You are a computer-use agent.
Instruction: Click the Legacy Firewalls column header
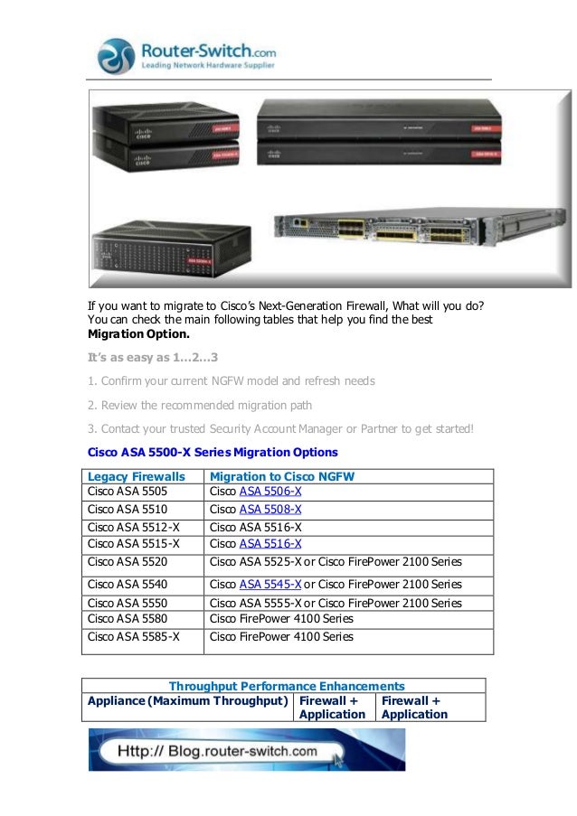point(137,476)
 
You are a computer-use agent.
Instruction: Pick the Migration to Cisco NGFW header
point(281,476)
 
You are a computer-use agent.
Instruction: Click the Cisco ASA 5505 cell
point(128,492)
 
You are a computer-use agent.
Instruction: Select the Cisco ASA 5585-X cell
point(133,636)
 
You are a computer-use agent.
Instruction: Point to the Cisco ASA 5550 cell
point(128,603)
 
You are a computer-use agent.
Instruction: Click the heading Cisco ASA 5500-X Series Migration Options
point(213,451)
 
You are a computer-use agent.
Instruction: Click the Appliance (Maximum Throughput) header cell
point(187,700)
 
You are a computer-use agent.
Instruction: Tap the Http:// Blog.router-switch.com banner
point(247,750)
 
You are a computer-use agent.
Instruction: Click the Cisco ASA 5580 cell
point(128,619)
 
